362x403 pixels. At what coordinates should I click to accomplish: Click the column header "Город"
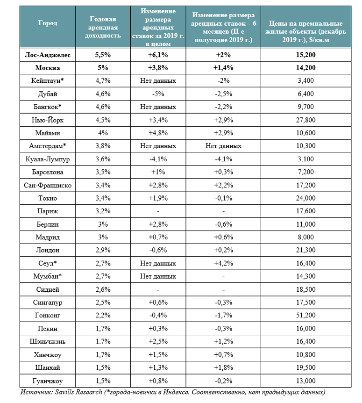(x=48, y=23)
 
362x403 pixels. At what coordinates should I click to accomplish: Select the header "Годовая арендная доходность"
(x=105, y=27)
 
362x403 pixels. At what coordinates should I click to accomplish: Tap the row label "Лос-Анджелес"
(x=48, y=55)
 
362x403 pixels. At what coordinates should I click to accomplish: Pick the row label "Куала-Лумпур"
(x=48, y=159)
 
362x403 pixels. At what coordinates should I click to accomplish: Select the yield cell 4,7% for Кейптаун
(x=105, y=81)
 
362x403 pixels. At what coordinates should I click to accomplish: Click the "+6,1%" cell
(x=158, y=55)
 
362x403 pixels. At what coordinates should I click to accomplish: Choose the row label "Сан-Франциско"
(x=48, y=185)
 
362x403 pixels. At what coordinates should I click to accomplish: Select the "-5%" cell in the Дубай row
(x=158, y=94)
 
